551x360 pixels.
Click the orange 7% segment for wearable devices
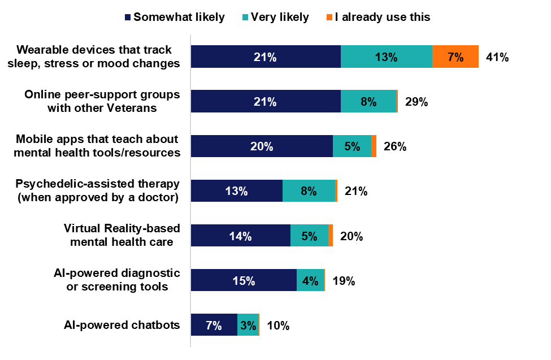[x=455, y=57]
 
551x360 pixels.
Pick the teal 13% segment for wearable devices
[x=387, y=57]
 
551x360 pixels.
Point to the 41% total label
[x=498, y=57]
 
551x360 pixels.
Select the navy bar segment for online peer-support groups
[x=266, y=102]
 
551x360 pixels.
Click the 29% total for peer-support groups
[x=416, y=102]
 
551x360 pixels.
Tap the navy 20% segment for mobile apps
[x=262, y=146]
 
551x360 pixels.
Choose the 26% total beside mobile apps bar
[x=395, y=146]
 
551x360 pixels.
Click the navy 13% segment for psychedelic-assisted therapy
[x=236, y=191]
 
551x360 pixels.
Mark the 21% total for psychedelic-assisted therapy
[x=356, y=191]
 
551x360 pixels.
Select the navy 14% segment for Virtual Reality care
[x=240, y=236]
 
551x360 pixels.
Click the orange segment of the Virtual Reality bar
[x=331, y=236]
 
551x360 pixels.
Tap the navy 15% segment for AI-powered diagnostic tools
[x=244, y=280]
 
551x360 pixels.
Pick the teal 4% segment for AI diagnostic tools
[x=310, y=280]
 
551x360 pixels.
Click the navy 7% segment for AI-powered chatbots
[x=214, y=325]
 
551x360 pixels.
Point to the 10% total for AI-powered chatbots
[x=278, y=325]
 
